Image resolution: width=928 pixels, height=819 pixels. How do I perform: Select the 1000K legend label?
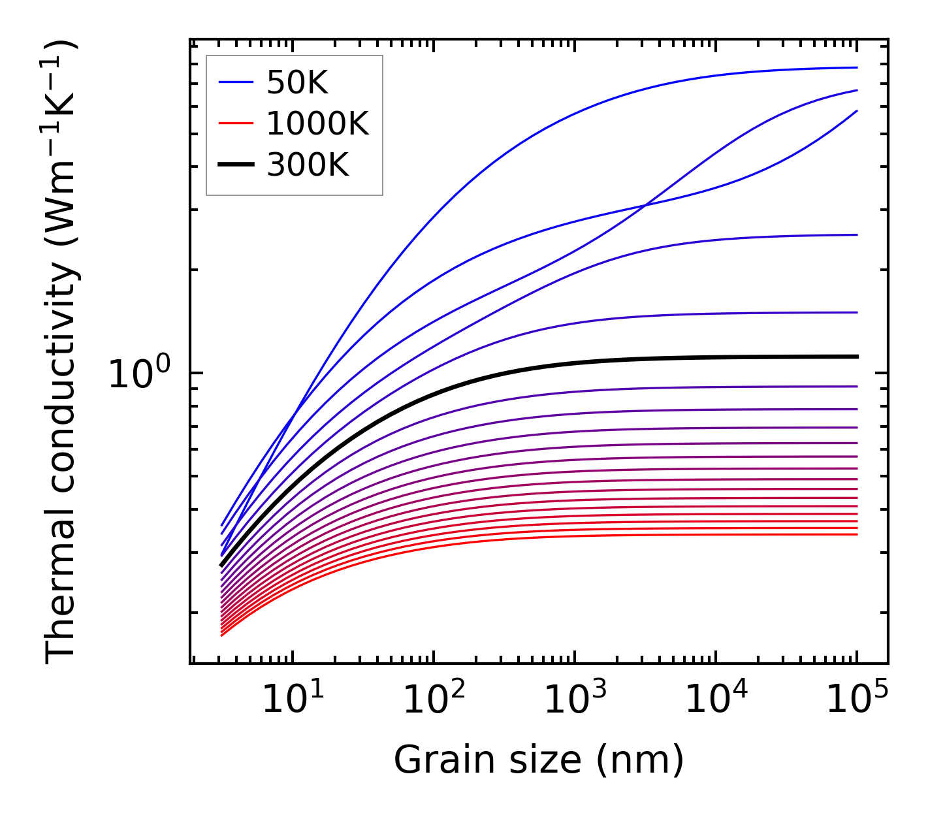(317, 124)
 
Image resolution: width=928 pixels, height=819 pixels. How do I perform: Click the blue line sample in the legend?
(235, 82)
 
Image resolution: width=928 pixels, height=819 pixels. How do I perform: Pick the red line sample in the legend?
(235, 123)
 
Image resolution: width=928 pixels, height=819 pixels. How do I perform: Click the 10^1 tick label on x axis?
(293, 701)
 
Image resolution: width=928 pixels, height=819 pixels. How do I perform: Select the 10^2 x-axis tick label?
(434, 701)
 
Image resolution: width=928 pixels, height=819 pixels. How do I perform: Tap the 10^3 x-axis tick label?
(575, 701)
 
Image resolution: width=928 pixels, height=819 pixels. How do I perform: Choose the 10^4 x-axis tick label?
(716, 701)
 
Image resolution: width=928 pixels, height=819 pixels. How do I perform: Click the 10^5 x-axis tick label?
(857, 701)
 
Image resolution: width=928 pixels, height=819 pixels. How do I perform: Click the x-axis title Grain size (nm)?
(539, 760)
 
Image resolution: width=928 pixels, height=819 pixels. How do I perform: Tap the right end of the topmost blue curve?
(856, 67)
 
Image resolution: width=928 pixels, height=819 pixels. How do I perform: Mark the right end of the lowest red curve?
(856, 534)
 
